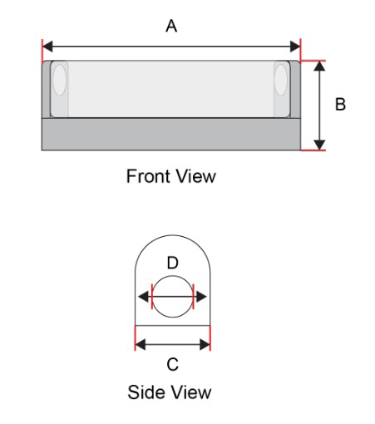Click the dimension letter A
pos(171,26)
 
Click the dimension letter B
pos(340,104)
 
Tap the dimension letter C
pos(173,364)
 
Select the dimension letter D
pos(172,263)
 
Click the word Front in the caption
pos(148,176)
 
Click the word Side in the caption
pos(146,392)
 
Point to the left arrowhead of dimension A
pos(47,47)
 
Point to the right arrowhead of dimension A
pos(295,47)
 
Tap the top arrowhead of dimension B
pos(319,66)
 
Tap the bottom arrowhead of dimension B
pos(319,145)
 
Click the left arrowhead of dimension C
pos(141,345)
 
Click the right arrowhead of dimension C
pos(205,345)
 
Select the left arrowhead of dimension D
pos(143,297)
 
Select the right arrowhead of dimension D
pos(201,297)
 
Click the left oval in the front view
pos(60,79)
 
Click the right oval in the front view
pos(281,80)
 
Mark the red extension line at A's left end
pos(42,52)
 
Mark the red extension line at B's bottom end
pos(313,150)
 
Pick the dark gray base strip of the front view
pos(171,135)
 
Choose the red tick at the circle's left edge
pos(152,297)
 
